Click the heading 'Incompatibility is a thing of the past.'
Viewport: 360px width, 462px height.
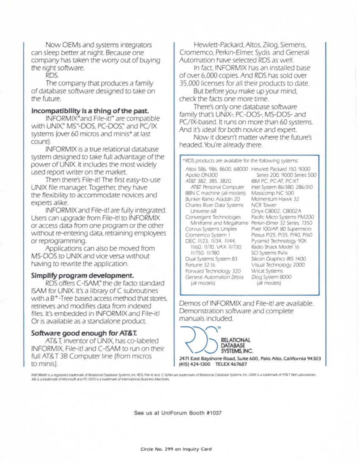pos(89,111)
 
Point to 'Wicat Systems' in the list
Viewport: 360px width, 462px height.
pos(267,270)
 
